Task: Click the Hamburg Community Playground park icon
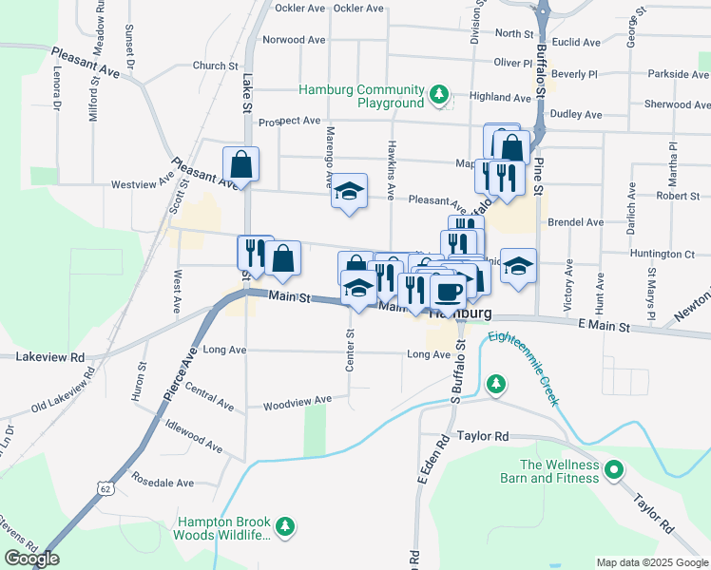point(438,94)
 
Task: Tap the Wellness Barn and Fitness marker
point(614,469)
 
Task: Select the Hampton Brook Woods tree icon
point(283,526)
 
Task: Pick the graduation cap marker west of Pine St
point(518,265)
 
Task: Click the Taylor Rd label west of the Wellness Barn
point(483,436)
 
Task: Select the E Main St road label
point(604,326)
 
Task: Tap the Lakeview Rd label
point(50,357)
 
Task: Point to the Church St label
point(215,66)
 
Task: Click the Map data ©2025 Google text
point(650,562)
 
